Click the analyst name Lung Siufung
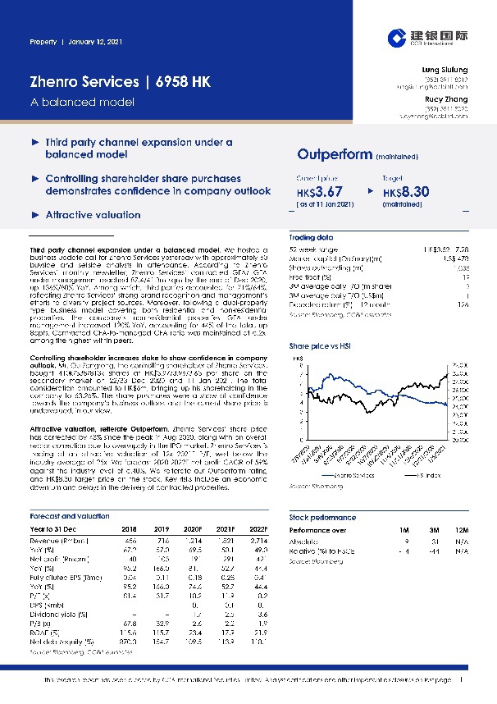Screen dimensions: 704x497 [x=446, y=71]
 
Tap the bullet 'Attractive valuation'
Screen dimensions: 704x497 [x=93, y=214]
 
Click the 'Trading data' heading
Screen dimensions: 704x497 [x=310, y=235]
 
